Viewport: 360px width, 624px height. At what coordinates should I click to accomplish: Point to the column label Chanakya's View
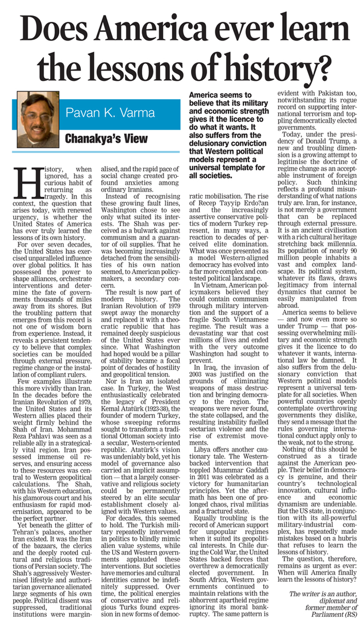(x=106, y=138)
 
